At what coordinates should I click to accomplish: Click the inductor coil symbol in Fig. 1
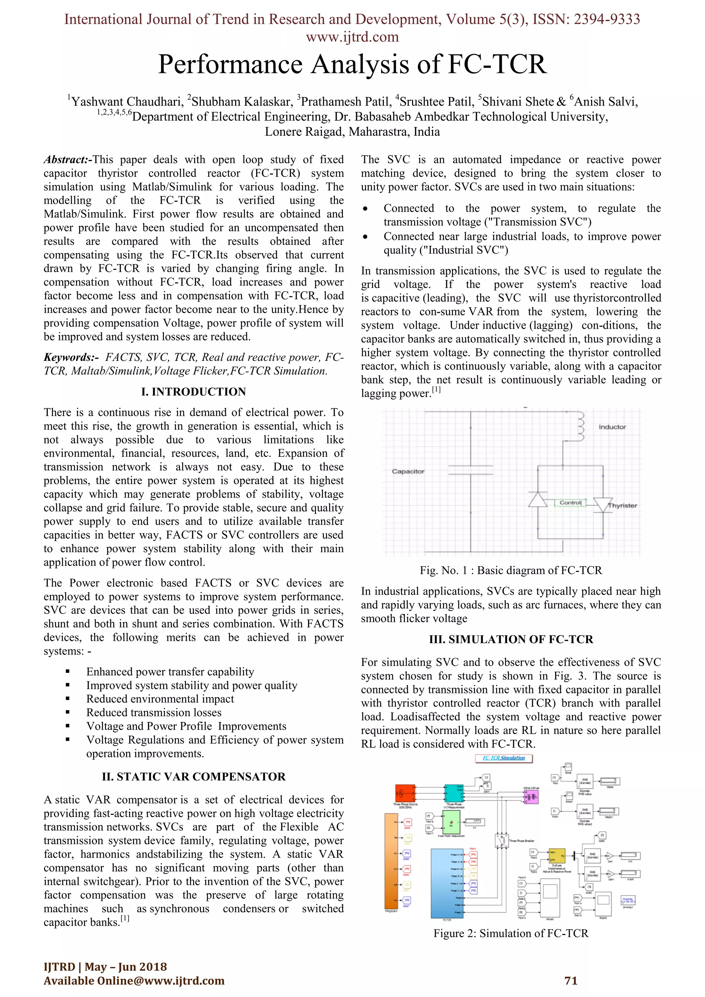pyautogui.click(x=580, y=427)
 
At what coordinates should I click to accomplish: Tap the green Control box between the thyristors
pyautogui.click(x=570, y=502)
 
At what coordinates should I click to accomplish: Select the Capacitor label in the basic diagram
pyautogui.click(x=408, y=471)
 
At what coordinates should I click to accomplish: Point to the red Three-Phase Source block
pyautogui.click(x=404, y=793)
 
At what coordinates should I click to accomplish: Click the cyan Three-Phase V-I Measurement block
pyautogui.click(x=454, y=793)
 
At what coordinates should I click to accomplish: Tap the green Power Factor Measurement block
pyautogui.click(x=451, y=822)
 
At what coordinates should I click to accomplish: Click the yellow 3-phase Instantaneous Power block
pyautogui.click(x=557, y=856)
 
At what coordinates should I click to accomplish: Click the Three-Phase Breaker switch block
pyautogui.click(x=502, y=841)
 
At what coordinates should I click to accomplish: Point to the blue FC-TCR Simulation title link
pyautogui.click(x=504, y=758)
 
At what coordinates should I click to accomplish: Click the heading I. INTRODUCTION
pyautogui.click(x=193, y=392)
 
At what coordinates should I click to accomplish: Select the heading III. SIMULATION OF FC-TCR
pyautogui.click(x=511, y=639)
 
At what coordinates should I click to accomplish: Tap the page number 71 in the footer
pyautogui.click(x=571, y=981)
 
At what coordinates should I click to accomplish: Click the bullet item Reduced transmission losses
pyautogui.click(x=154, y=713)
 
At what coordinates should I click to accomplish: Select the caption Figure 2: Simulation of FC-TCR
pyautogui.click(x=511, y=934)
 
